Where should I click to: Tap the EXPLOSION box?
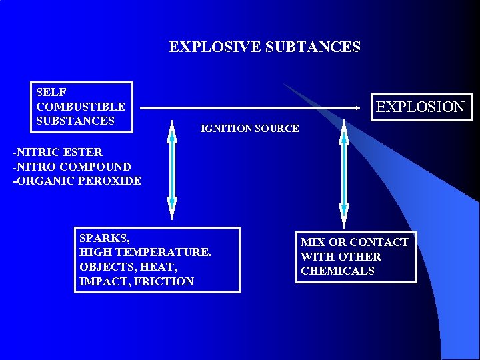(420, 107)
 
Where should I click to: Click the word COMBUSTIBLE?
(81, 107)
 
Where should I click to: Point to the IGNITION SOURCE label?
(249, 128)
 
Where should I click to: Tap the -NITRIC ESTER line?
(57, 152)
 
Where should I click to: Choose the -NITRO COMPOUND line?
(72, 166)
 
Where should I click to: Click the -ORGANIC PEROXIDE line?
(77, 181)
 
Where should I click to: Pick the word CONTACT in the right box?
(379, 242)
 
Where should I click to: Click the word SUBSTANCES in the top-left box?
(75, 121)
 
